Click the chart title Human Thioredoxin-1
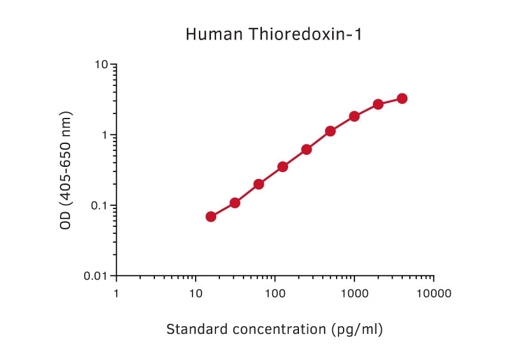click(x=273, y=34)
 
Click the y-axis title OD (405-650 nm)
click(x=66, y=170)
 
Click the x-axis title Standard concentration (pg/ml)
click(x=275, y=329)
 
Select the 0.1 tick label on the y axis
click(x=100, y=206)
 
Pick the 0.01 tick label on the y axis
click(x=97, y=276)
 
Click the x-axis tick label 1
click(x=116, y=294)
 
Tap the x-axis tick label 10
click(x=195, y=294)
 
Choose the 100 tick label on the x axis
click(x=275, y=294)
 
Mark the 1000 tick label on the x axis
click(x=354, y=294)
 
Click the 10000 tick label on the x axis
click(x=433, y=294)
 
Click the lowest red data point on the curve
click(x=211, y=217)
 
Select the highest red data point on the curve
click(x=402, y=98)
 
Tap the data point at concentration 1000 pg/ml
click(x=354, y=116)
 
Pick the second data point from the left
click(x=235, y=203)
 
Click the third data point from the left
click(x=259, y=184)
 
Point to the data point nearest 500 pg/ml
click(x=330, y=131)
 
